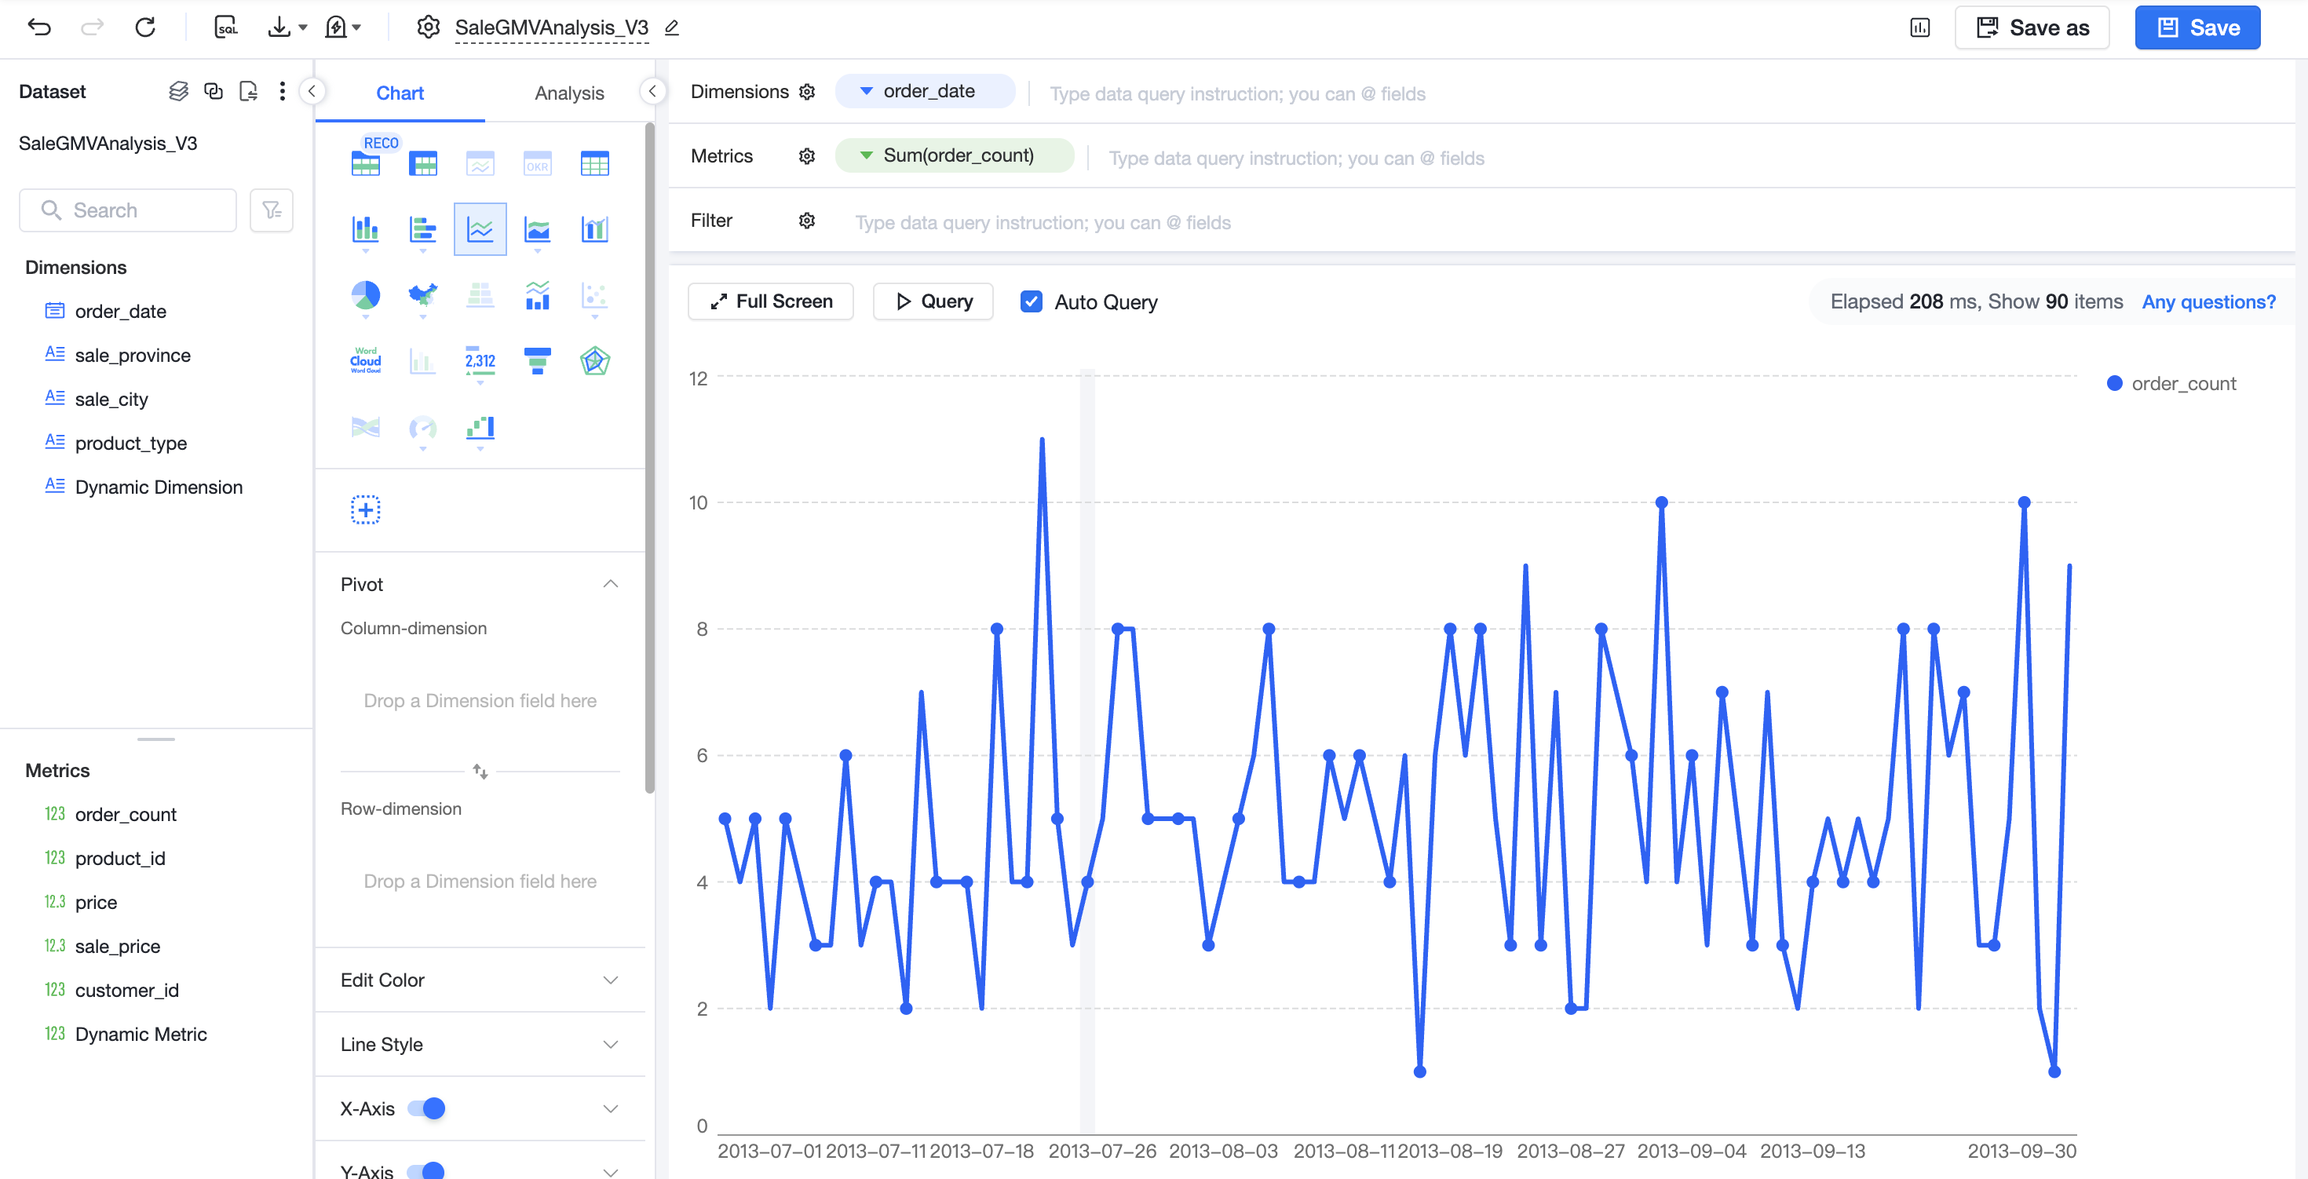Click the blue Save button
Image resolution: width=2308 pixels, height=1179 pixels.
coord(2197,27)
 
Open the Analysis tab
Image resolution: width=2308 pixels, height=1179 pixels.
coord(569,93)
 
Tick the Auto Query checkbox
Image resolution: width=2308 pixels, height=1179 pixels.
coord(1032,302)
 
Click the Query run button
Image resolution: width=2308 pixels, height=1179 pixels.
coord(933,302)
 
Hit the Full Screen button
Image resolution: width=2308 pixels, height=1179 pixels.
coord(771,302)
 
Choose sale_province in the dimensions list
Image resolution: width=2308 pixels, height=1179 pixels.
coord(133,356)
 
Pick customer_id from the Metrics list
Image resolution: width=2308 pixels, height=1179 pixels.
coord(126,991)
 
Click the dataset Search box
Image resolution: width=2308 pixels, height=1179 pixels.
coord(128,210)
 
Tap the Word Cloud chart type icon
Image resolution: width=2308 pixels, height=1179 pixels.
coord(366,361)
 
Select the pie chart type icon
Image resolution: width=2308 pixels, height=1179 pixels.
coord(366,296)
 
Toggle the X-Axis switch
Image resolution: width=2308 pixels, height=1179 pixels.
coord(426,1109)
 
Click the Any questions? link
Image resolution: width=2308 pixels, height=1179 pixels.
coord(2208,302)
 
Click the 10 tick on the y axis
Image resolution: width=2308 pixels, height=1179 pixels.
coord(698,502)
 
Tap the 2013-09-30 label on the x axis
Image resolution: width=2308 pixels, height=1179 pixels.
coord(2021,1152)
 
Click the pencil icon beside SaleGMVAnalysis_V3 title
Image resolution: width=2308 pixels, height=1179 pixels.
coord(671,27)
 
